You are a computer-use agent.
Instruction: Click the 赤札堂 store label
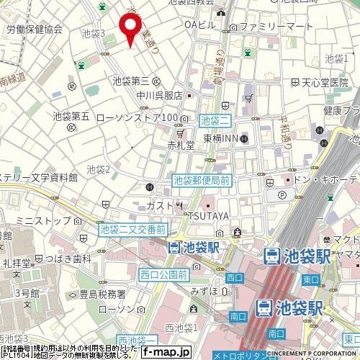(181, 144)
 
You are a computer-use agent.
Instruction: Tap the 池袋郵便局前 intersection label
(202, 182)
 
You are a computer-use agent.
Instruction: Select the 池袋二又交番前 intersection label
(133, 229)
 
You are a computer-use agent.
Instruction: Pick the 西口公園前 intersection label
(163, 274)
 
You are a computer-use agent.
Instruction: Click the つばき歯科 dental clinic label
(73, 258)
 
